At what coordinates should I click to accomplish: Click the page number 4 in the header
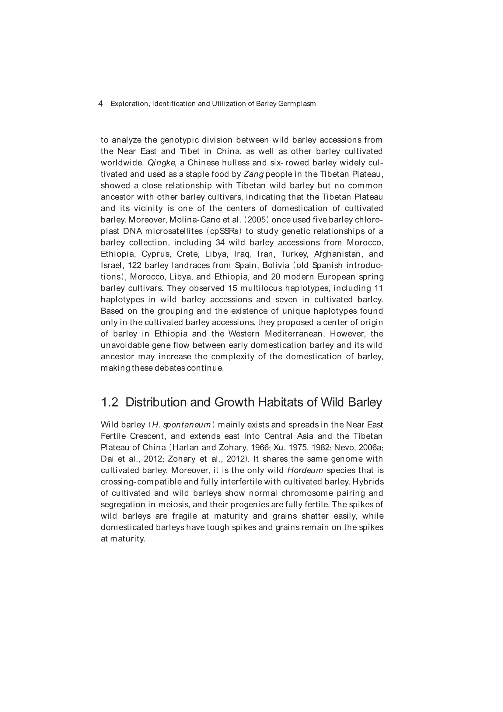pyautogui.click(x=100, y=104)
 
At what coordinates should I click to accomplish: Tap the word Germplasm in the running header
pyautogui.click(x=297, y=104)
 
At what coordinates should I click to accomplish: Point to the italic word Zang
pyautogui.click(x=253, y=174)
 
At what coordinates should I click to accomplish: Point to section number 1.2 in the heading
pyautogui.click(x=110, y=403)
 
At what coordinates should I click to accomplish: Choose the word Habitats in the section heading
pyautogui.click(x=281, y=403)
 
